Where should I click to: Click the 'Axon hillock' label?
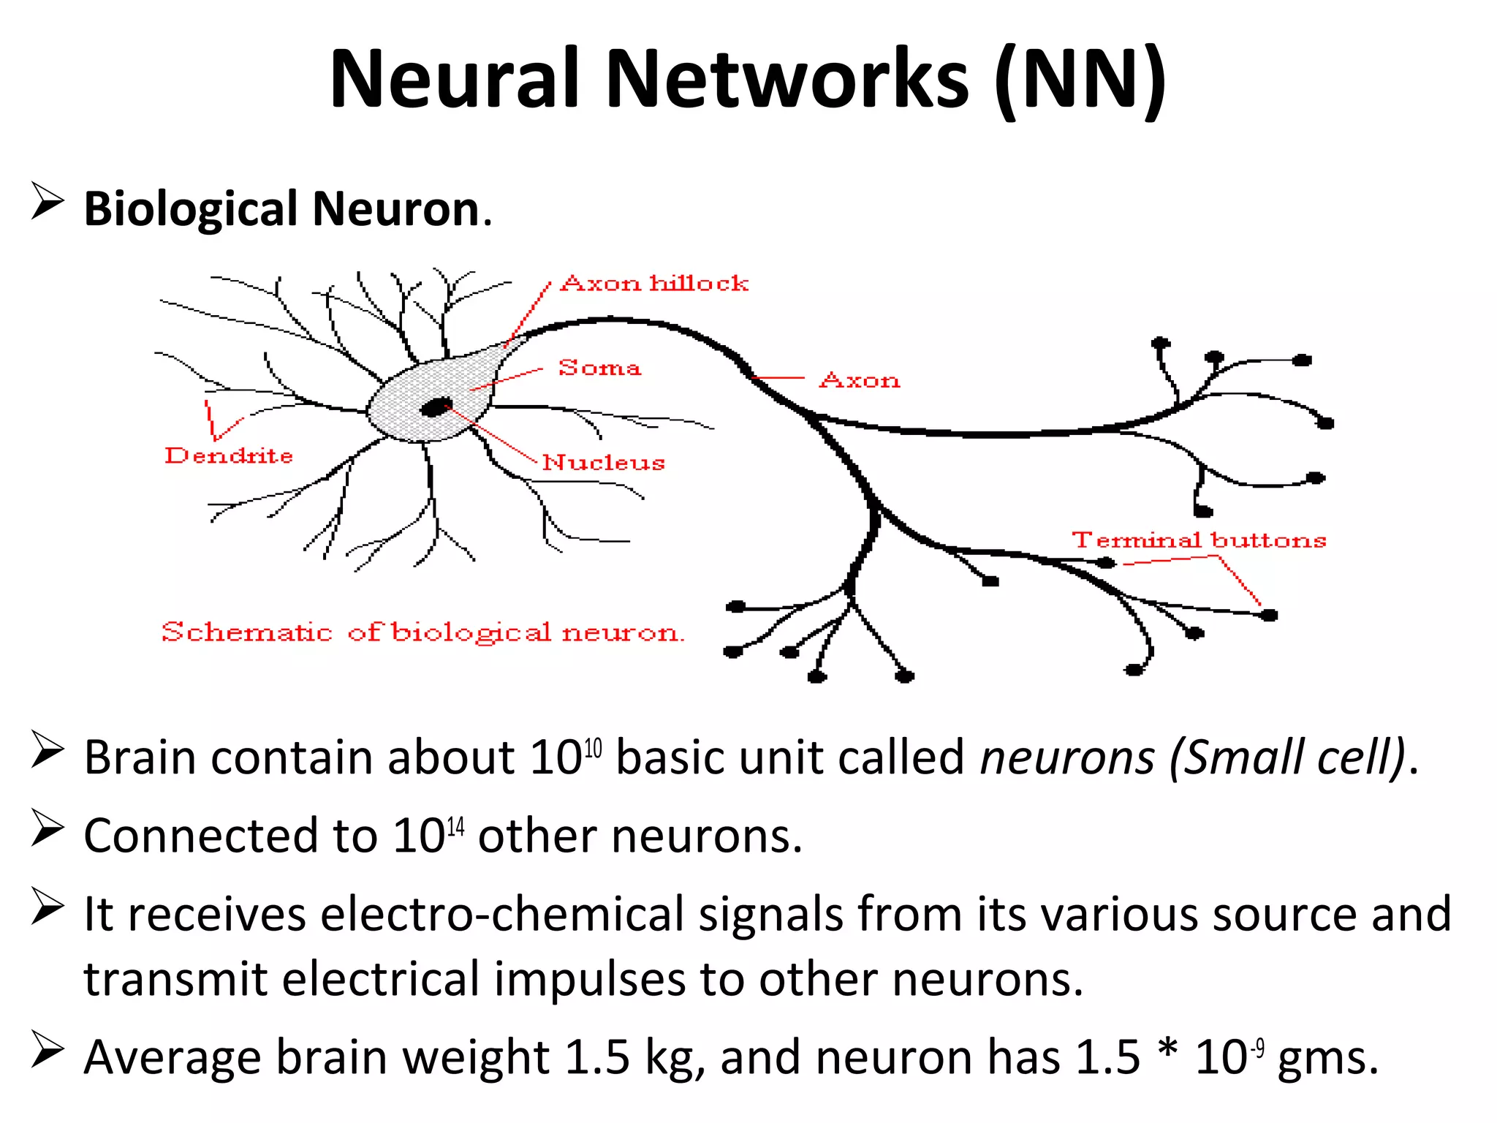(654, 284)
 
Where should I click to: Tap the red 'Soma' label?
(599, 368)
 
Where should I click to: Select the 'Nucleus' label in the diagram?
(603, 463)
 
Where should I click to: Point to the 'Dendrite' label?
(229, 456)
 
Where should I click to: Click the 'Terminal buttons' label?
(1199, 540)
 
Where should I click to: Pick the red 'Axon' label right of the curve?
(860, 381)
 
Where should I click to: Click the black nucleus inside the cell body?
(436, 407)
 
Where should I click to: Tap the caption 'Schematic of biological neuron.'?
(422, 632)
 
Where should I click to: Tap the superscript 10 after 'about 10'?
(593, 748)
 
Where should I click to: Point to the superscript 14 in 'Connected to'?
(455, 827)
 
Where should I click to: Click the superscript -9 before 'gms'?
(1257, 1048)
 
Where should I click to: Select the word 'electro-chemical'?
(501, 914)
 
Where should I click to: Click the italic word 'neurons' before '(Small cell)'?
(1067, 757)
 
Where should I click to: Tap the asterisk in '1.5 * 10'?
(1167, 1051)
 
